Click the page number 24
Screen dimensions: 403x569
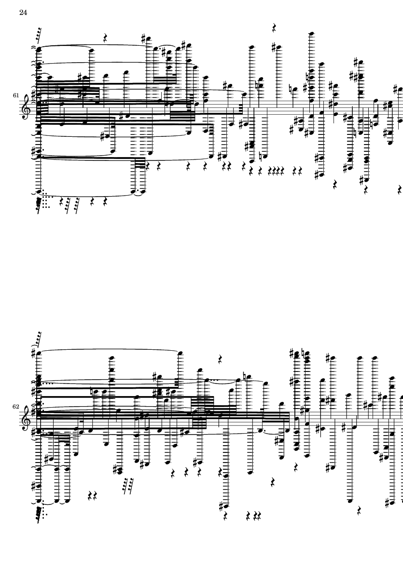point(23,13)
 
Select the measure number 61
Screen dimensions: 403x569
point(15,95)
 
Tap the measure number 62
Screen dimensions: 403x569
point(15,407)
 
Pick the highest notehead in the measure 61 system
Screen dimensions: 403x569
point(311,34)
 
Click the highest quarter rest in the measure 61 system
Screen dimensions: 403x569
point(274,28)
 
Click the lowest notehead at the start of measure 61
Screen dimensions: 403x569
point(38,192)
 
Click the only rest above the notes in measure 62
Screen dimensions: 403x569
point(220,359)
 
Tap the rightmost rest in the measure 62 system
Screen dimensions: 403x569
point(360,511)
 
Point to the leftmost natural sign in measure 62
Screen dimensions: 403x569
point(92,392)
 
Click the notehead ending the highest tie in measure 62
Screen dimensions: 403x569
point(180,352)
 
